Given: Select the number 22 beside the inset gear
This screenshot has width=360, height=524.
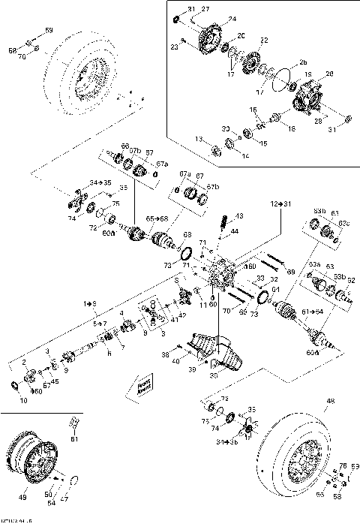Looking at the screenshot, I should click(x=263, y=40).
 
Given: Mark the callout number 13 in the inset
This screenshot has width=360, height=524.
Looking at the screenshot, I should click(x=198, y=139).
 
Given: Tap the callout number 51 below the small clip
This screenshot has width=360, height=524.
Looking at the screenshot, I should click(x=73, y=438).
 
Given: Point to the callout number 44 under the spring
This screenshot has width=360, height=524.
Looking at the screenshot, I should click(x=235, y=232).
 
